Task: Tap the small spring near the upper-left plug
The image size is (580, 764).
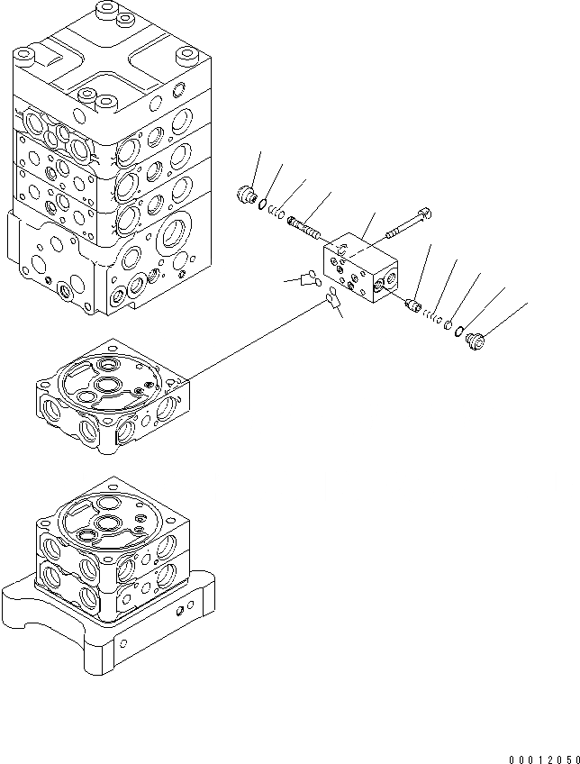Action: click(x=278, y=215)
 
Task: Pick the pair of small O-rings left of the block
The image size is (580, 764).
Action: click(x=307, y=280)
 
